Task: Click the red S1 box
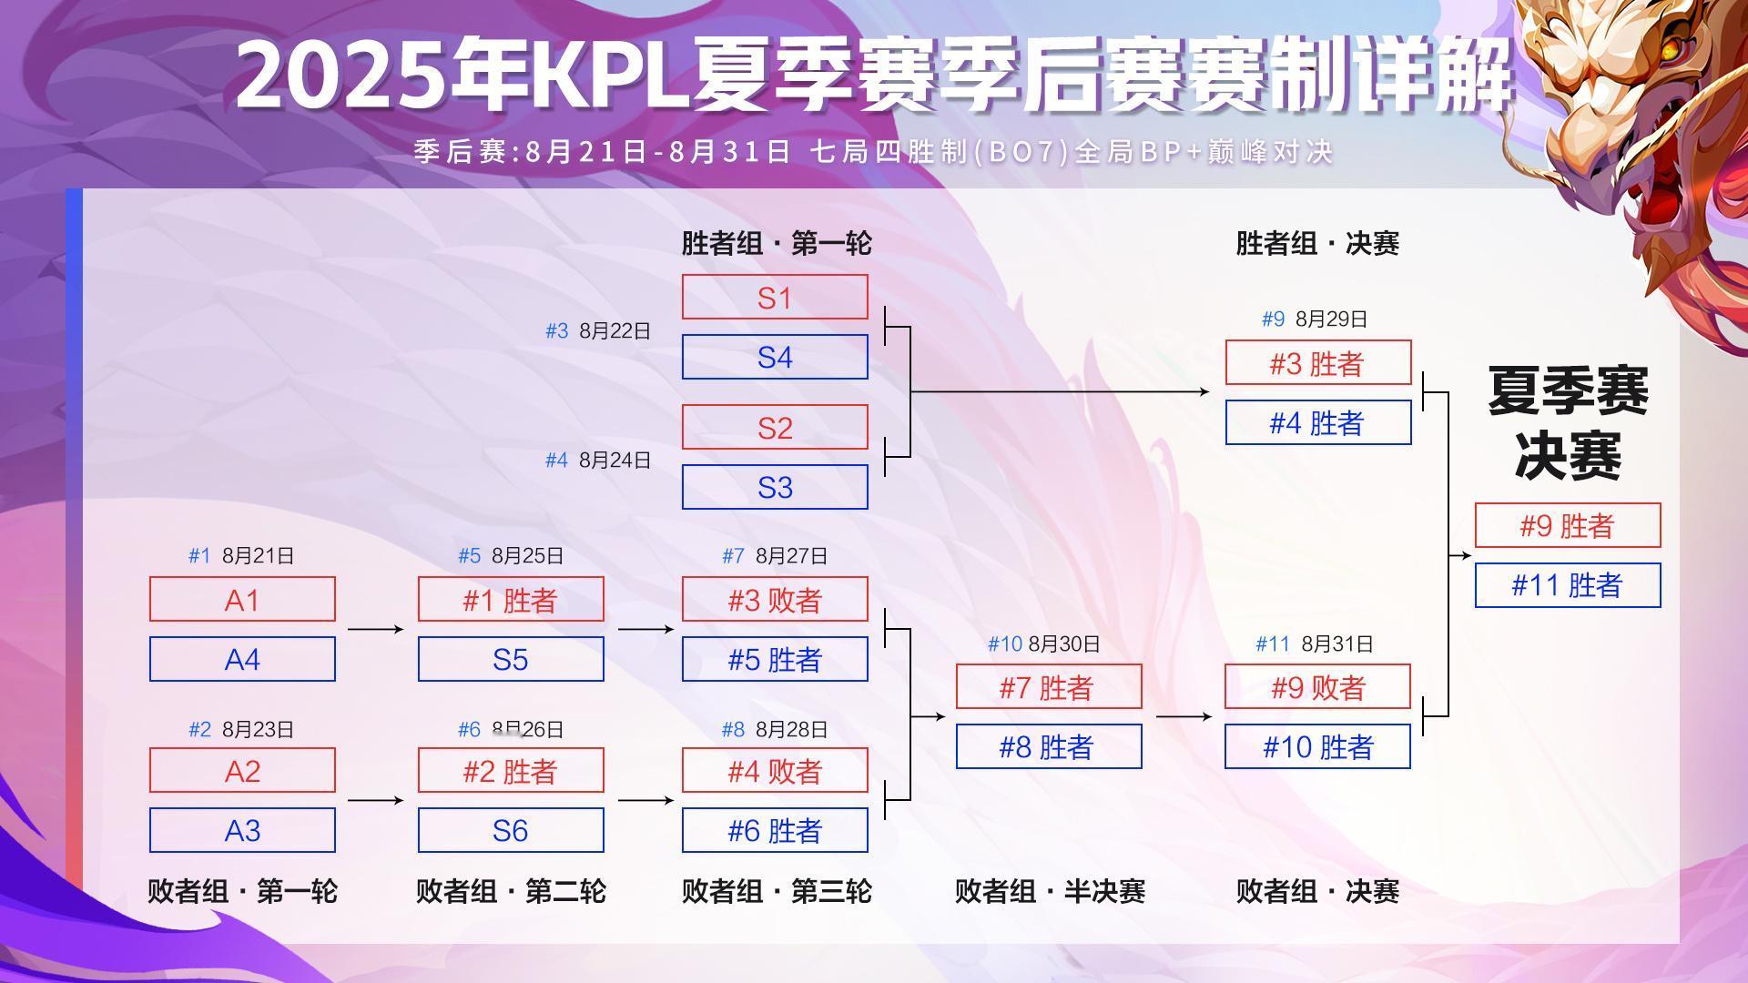click(x=775, y=297)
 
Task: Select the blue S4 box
click(x=775, y=357)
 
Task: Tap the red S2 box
click(x=775, y=427)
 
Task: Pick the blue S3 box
click(x=775, y=487)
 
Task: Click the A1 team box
click(x=242, y=599)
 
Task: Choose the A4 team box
click(x=242, y=659)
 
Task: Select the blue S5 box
click(x=511, y=659)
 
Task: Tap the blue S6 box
click(x=511, y=830)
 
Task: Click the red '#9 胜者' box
click(x=1568, y=525)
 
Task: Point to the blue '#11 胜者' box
click(x=1568, y=585)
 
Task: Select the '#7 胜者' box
click(x=1049, y=686)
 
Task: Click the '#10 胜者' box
click(x=1317, y=746)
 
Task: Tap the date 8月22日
click(x=615, y=331)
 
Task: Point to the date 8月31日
click(x=1337, y=644)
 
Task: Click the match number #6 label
click(x=469, y=730)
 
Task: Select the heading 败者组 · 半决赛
click(x=1050, y=891)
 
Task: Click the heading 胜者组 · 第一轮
click(x=777, y=243)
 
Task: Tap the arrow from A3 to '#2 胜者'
click(x=375, y=800)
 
